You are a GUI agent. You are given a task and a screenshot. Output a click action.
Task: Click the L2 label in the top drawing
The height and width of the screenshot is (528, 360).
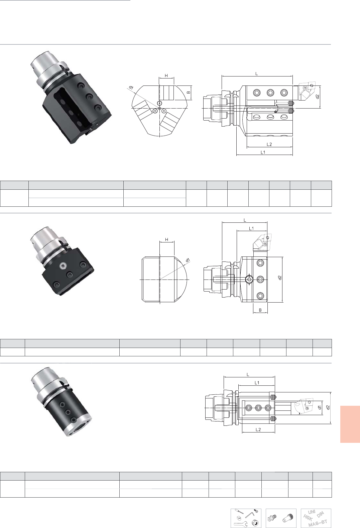pos(269,144)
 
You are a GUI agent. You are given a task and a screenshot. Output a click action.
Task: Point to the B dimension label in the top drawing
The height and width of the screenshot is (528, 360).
pos(189,93)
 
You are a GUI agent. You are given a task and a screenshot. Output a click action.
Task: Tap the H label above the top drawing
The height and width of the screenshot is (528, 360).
pos(166,76)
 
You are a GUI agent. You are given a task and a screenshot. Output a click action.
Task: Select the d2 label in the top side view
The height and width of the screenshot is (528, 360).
pos(317,97)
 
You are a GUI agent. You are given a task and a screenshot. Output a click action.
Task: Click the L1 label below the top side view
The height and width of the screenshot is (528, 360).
pos(263,152)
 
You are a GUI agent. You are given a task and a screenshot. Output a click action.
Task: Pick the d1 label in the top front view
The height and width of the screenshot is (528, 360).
pos(131,88)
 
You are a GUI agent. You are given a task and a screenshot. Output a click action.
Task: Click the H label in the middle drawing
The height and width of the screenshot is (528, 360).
pos(166,240)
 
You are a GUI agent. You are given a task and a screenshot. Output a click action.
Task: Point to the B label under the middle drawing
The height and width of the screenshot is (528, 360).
pos(260,310)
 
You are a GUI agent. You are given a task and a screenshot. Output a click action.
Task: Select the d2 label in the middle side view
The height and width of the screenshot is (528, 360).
pos(280,278)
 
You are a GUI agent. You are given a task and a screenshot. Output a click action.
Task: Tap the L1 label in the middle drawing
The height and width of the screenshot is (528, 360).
pos(251,228)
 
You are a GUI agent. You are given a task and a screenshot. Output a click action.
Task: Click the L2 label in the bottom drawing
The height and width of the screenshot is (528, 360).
pos(258,429)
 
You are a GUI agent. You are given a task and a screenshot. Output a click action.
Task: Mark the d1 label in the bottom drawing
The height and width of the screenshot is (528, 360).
pos(320,407)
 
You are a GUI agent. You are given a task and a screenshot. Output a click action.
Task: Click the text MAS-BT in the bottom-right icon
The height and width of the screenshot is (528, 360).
pos(318,522)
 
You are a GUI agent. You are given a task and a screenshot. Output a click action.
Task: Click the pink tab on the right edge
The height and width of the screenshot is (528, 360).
pos(350,424)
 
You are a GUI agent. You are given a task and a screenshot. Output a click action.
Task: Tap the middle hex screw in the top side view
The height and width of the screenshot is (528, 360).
pos(270,93)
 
